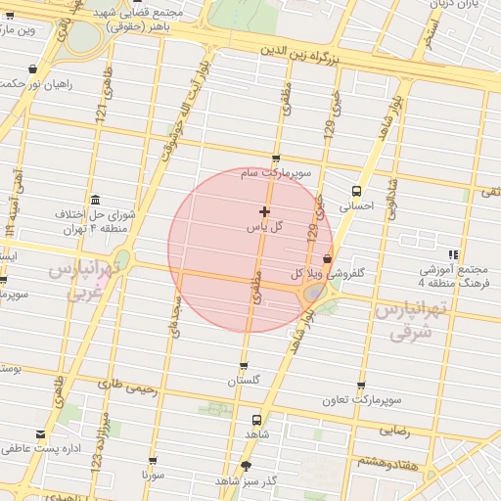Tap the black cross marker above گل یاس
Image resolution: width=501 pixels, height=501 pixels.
tap(264, 211)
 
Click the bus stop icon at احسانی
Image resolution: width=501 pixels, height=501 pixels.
tap(355, 191)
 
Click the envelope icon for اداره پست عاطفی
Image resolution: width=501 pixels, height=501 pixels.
tap(40, 434)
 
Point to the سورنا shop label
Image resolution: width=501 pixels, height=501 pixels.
tap(153, 474)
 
